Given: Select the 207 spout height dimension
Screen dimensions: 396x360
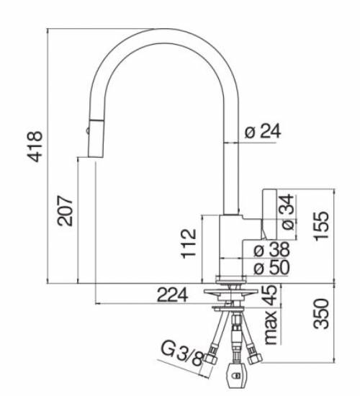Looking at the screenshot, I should tap(66, 211).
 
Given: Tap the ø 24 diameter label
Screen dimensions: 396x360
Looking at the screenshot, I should tap(262, 131).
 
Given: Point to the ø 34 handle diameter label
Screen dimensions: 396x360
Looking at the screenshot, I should tap(286, 214).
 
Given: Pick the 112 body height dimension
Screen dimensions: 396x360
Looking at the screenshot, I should tap(189, 243).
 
